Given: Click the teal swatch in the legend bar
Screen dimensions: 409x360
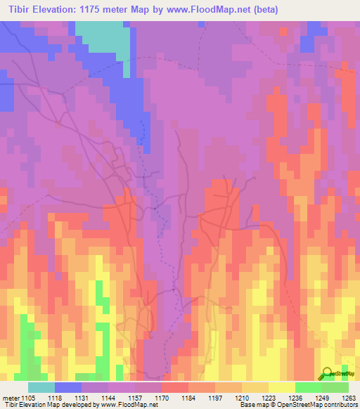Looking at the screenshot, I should point(41,387).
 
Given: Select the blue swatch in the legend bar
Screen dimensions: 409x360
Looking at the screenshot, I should point(68,387).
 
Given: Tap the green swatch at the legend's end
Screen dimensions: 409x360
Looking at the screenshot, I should point(335,387).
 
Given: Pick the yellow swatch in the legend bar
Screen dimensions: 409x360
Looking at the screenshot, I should point(281,387).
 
